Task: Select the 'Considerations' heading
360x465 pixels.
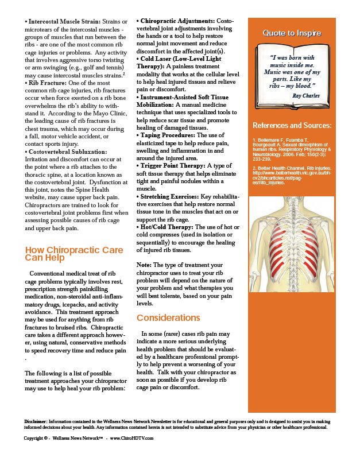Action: tap(168, 318)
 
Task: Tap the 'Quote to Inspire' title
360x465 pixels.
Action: tap(292, 33)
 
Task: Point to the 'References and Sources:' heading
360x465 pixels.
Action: tap(292, 125)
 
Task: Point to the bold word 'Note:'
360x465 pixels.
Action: tap(144, 265)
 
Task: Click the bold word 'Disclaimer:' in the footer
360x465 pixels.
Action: tap(36, 421)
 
